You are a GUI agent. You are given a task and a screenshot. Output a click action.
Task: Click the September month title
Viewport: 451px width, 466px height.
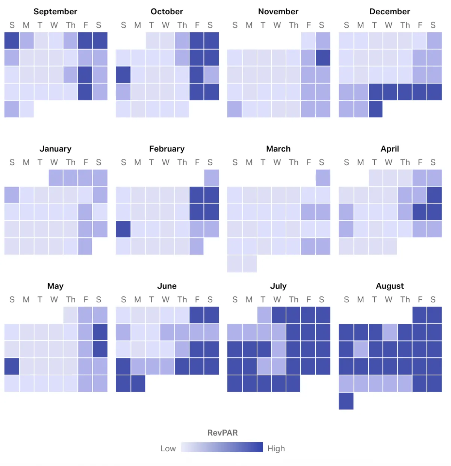point(55,12)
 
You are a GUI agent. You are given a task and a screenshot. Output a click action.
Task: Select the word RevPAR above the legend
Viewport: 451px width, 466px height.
point(222,433)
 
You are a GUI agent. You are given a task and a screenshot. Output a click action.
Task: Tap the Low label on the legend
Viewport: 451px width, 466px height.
point(168,449)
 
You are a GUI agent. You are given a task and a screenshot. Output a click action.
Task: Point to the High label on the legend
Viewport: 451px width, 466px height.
point(276,449)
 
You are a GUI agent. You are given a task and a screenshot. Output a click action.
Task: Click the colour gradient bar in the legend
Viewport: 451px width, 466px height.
point(222,447)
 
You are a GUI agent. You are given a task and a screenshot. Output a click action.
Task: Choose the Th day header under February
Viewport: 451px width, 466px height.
point(182,162)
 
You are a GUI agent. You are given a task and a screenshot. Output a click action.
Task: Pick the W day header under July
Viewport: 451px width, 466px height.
point(277,300)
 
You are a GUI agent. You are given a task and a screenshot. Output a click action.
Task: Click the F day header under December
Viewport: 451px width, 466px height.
point(420,25)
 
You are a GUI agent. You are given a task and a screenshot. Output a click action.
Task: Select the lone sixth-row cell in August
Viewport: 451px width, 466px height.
point(346,401)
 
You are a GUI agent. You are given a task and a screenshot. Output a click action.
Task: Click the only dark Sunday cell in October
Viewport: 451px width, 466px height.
point(123,75)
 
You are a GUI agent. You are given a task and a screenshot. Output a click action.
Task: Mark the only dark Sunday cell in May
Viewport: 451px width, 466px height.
point(12,366)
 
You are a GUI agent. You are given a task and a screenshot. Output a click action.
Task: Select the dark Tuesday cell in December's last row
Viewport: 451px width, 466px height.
point(375,109)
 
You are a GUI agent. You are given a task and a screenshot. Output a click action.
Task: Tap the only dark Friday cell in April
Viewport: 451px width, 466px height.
point(419,212)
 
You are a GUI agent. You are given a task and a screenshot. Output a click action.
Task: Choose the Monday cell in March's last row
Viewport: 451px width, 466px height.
point(250,264)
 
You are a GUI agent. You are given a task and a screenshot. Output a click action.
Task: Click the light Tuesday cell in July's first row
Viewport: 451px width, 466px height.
point(264,315)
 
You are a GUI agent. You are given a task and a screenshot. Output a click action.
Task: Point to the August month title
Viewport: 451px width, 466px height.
point(390,286)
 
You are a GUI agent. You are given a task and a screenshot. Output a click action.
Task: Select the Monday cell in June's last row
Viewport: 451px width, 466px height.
point(138,384)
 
